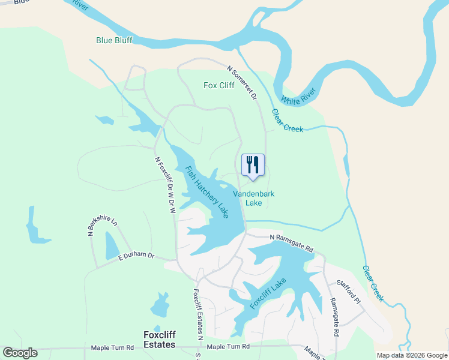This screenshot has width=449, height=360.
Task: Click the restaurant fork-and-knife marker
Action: [253, 164]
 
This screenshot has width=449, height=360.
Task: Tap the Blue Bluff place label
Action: [114, 41]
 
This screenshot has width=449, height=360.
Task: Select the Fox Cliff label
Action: [218, 85]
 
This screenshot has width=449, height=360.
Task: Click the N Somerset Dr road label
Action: [242, 83]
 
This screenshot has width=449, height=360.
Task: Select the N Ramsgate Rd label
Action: [292, 243]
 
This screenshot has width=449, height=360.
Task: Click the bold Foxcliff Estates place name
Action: [159, 340]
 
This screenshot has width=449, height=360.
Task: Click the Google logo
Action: [20, 352]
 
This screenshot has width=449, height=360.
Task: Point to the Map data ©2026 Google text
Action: [411, 355]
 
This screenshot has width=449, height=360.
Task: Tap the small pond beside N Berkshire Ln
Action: [112, 245]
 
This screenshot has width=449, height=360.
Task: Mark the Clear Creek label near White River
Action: [288, 121]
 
